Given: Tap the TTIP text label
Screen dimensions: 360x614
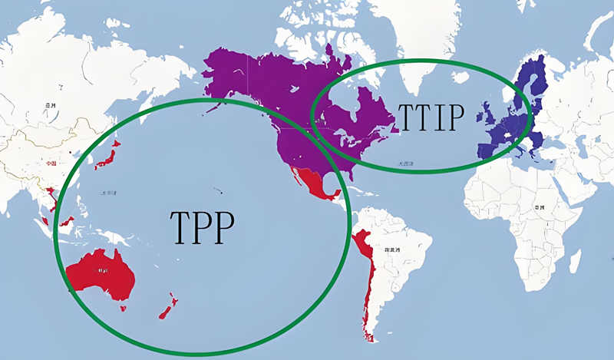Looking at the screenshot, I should [x=431, y=117].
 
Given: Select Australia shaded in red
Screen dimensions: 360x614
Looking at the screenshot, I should [x=101, y=274].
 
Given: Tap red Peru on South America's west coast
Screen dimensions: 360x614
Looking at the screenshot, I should [x=361, y=246].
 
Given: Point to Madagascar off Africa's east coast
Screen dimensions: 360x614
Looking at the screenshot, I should [x=575, y=261].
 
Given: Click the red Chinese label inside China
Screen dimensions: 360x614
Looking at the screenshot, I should [x=50, y=163].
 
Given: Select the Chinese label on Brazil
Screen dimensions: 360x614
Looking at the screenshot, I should [x=394, y=250].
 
